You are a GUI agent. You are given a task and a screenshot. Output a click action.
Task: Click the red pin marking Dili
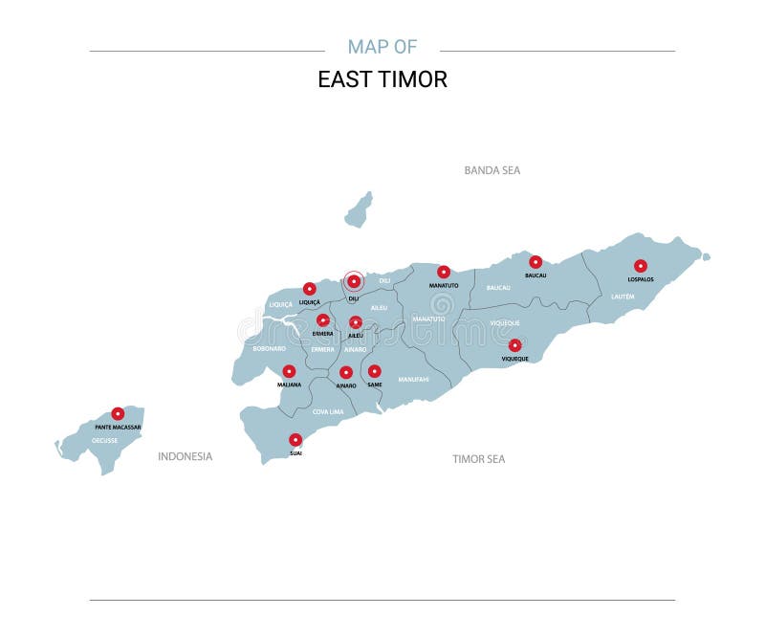click(354, 281)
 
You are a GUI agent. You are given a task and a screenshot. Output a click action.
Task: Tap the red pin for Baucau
click(535, 261)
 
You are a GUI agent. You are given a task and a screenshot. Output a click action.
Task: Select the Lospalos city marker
click(641, 266)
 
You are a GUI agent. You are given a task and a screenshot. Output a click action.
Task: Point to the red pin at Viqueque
click(514, 345)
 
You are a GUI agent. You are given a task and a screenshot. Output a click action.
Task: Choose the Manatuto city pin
click(444, 272)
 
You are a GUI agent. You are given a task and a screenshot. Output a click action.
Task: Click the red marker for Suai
click(295, 440)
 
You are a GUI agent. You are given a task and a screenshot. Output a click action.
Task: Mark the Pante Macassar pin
click(118, 413)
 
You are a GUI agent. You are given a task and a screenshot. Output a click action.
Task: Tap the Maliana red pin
click(289, 371)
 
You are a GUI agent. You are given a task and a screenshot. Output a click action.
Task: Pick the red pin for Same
click(375, 371)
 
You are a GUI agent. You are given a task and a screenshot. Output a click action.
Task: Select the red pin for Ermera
click(323, 320)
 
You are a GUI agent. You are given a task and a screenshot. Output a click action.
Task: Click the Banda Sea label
click(492, 170)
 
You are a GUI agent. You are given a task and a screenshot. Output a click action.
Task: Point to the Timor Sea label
click(478, 459)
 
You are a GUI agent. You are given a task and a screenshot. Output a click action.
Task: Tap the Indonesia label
click(185, 456)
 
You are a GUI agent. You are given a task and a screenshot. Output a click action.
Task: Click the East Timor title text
click(382, 79)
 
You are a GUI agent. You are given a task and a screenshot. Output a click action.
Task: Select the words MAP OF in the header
click(382, 47)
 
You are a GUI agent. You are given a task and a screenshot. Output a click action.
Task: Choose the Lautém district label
click(623, 297)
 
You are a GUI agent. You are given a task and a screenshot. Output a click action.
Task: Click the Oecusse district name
click(104, 440)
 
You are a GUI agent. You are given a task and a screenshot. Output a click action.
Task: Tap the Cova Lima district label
click(328, 411)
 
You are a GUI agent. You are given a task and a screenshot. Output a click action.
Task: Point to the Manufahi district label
click(413, 380)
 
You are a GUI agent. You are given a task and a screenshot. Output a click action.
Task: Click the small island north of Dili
click(359, 210)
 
